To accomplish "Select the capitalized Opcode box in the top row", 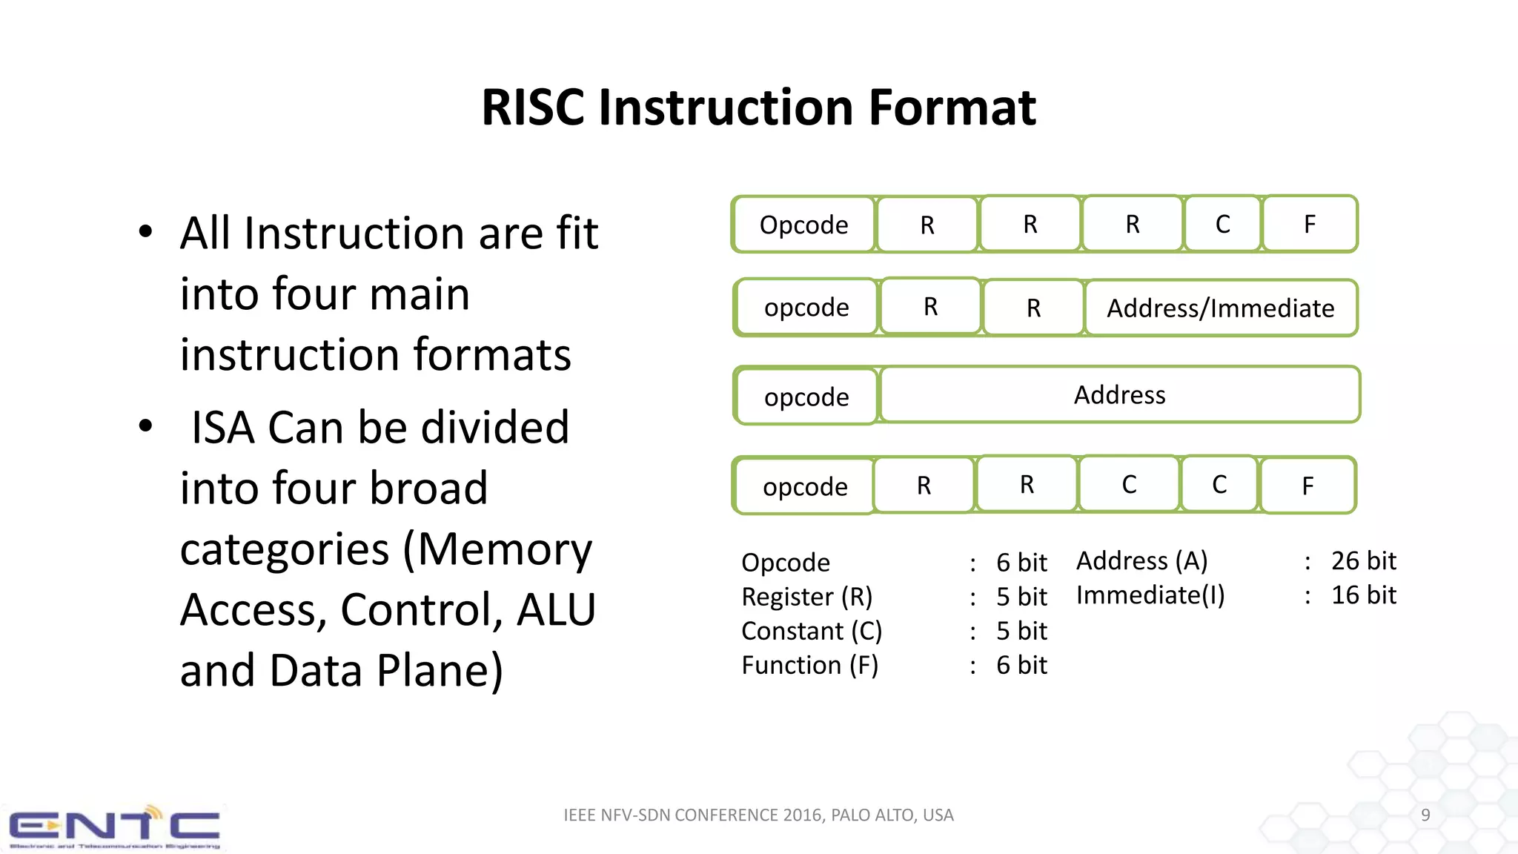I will [x=803, y=225].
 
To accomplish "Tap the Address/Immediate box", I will [x=1220, y=308].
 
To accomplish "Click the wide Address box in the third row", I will [x=1119, y=395].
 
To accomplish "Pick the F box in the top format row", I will [x=1310, y=224].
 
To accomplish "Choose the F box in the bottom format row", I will [x=1307, y=486].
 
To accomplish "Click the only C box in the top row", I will [x=1222, y=224].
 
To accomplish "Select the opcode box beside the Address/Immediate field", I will [x=806, y=308].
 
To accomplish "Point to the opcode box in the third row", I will [x=806, y=397].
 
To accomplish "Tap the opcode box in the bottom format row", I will [x=805, y=487].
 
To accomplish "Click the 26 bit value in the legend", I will [x=1363, y=561].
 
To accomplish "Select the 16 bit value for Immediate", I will [x=1363, y=595].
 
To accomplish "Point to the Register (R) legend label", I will [x=806, y=597].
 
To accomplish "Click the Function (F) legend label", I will [x=809, y=665].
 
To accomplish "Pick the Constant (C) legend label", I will [x=812, y=631].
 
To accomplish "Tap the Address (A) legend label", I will [x=1141, y=561].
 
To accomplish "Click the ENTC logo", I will [x=114, y=827].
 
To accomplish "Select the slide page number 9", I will [x=1425, y=815].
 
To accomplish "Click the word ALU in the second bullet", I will [x=556, y=610].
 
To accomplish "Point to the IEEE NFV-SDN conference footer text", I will [x=758, y=815].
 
